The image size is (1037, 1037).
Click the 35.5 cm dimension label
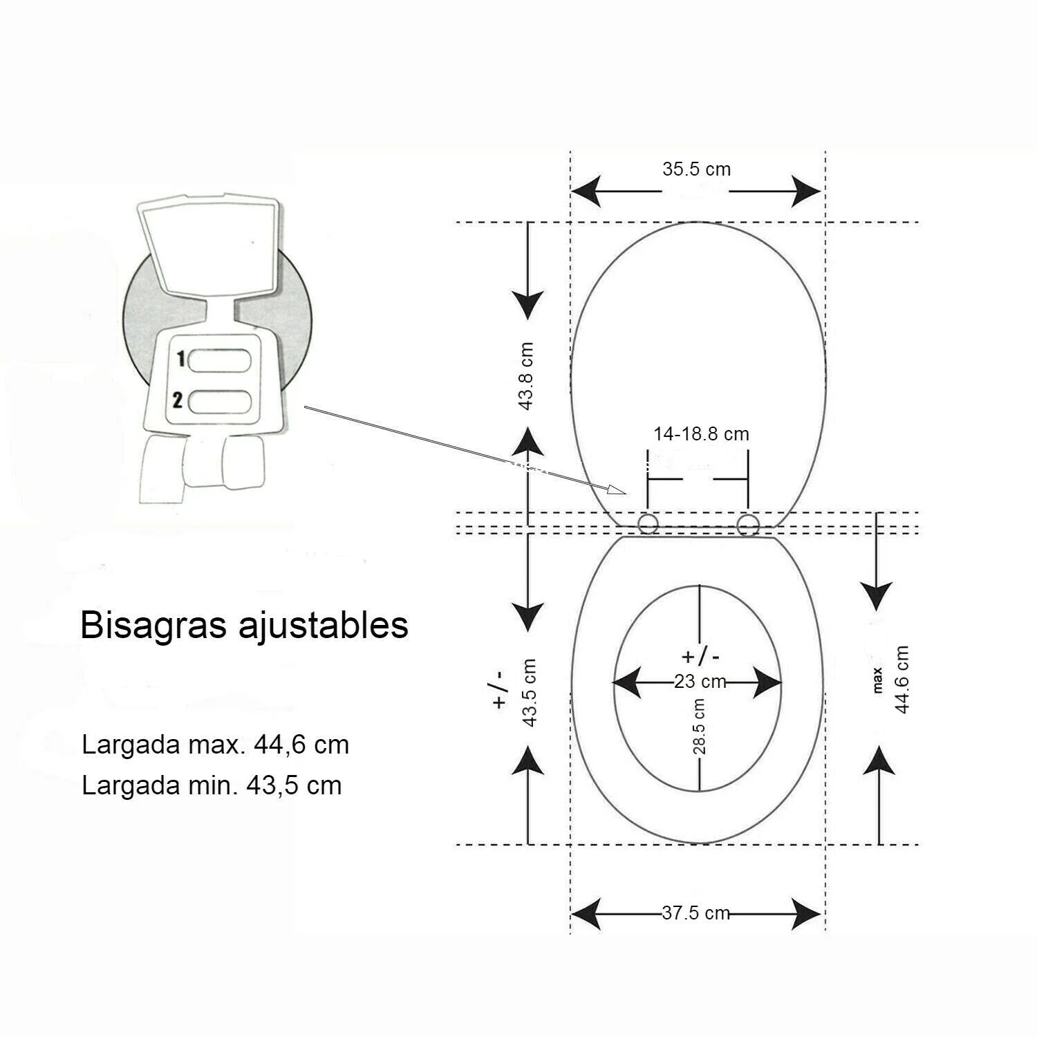(x=696, y=169)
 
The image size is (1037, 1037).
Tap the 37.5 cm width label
(x=695, y=913)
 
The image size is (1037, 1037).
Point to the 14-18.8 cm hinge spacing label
(x=701, y=434)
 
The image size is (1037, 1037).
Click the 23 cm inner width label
(x=700, y=682)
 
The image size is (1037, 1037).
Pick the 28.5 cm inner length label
(x=699, y=726)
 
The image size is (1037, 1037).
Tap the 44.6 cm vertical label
(x=901, y=680)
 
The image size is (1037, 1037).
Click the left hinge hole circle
(x=648, y=525)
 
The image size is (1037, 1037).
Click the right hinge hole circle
(x=747, y=525)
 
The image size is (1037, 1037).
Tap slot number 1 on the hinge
(x=220, y=360)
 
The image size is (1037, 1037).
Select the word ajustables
(x=323, y=626)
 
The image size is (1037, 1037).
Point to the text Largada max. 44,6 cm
(x=215, y=745)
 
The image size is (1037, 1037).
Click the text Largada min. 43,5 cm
(x=212, y=786)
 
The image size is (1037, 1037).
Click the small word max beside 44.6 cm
(x=878, y=680)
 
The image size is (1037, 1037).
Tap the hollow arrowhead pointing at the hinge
(x=616, y=489)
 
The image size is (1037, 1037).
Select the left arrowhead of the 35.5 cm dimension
(x=585, y=191)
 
